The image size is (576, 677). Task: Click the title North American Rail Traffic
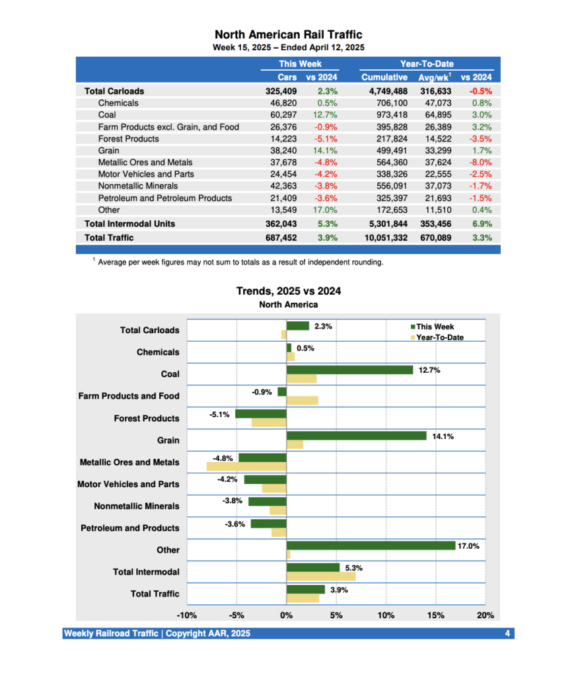pos(288,34)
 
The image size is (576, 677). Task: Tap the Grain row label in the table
pos(110,151)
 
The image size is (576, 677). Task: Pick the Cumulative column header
pos(384,77)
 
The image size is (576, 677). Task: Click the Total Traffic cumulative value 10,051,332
pos(384,237)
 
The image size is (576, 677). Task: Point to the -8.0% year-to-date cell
pos(481,163)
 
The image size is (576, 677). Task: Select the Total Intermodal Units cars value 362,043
pos(281,224)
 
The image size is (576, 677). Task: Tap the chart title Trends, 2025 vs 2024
pos(288,291)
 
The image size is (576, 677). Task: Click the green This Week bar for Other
pos(371,545)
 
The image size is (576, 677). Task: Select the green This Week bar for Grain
pos(357,436)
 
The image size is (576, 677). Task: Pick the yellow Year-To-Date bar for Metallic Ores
pos(246,466)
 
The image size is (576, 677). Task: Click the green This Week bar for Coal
pos(349,370)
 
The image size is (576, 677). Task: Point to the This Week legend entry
pos(434,327)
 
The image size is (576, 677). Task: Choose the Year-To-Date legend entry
pos(439,337)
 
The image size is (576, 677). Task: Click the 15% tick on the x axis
pos(435,616)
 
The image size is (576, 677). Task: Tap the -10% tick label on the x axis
pos(187,616)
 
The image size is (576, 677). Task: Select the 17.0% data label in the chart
pos(468,546)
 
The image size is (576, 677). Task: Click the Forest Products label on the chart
pos(146,418)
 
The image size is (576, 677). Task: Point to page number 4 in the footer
pos(507,634)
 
